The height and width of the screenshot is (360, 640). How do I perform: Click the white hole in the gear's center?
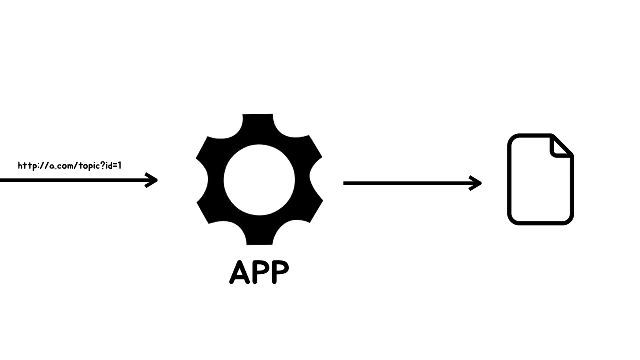pyautogui.click(x=259, y=180)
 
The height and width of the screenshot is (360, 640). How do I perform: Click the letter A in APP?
pyautogui.click(x=239, y=272)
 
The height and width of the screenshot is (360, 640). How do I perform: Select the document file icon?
pyautogui.click(x=540, y=180)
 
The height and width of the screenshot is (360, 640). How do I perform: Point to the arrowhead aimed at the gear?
pyautogui.click(x=152, y=180)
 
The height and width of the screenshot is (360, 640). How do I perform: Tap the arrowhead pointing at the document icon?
pyautogui.click(x=476, y=183)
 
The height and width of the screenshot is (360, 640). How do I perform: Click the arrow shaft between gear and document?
pyautogui.click(x=407, y=183)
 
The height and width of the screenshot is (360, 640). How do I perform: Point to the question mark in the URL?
pyautogui.click(x=103, y=165)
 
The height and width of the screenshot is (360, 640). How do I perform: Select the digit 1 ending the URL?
pyautogui.click(x=120, y=165)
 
